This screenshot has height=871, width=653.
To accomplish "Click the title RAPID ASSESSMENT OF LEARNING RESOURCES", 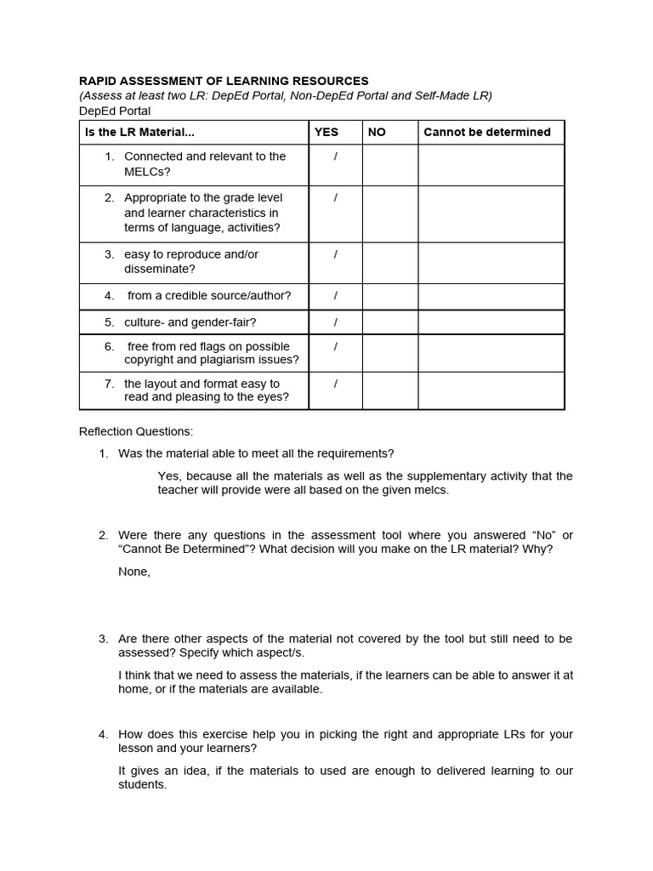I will click(x=224, y=81).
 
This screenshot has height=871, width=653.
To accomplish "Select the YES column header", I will click(x=326, y=132).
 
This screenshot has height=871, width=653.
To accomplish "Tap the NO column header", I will click(x=377, y=132).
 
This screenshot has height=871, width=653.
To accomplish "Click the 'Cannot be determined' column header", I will click(x=486, y=132).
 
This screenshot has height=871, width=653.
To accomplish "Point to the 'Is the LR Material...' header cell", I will click(x=139, y=132).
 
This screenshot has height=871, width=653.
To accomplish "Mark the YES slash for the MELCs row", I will click(x=336, y=157).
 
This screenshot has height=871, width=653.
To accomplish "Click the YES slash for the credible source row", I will click(x=336, y=296).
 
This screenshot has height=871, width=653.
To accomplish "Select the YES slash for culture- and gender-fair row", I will click(x=336, y=322).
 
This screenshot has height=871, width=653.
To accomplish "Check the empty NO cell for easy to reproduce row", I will click(x=390, y=262).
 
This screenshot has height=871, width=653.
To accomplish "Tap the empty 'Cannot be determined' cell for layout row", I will click(x=491, y=390).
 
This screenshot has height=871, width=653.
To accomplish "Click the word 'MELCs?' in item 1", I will click(x=147, y=172).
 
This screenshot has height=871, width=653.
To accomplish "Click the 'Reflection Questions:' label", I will click(x=136, y=431).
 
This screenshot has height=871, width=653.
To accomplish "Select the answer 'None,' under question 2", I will click(x=134, y=572).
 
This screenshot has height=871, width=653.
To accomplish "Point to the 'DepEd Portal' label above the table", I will click(x=115, y=111).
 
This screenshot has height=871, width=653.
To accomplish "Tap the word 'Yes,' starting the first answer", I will click(x=170, y=475).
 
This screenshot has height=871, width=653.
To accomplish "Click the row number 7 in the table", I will click(x=109, y=384).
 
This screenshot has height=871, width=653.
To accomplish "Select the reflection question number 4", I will click(x=103, y=734).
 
